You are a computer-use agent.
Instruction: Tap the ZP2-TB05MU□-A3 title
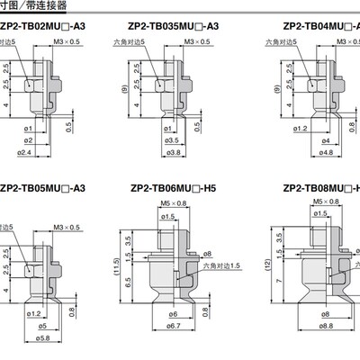pyautogui.click(x=42, y=188)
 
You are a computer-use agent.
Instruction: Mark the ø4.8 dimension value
pyautogui.click(x=299, y=153)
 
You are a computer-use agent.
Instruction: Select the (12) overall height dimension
pyautogui.click(x=257, y=266)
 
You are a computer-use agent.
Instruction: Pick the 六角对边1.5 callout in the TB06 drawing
pyautogui.click(x=220, y=265)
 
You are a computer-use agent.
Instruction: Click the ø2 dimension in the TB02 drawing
pyautogui.click(x=29, y=141)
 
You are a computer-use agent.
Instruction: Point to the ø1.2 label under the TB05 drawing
pyautogui.click(x=33, y=312)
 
